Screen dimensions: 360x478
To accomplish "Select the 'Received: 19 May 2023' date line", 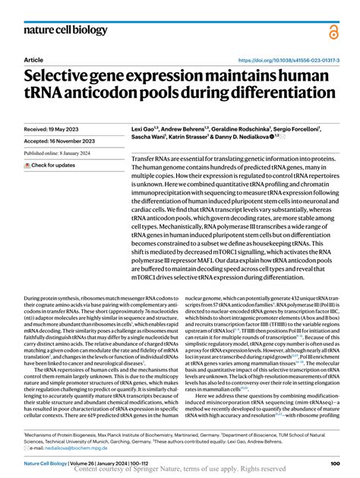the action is coord(55,130).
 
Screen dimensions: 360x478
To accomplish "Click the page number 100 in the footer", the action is coord(334,464).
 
